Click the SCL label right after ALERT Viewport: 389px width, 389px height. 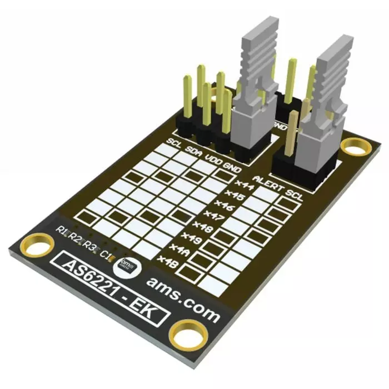click(295, 195)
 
